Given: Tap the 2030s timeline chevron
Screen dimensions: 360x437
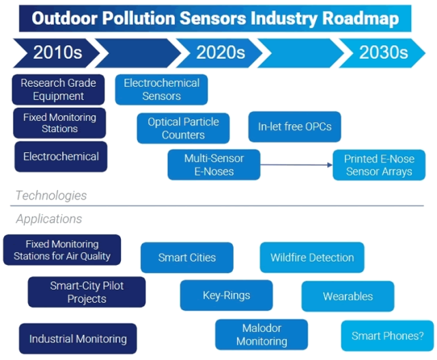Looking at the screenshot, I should (382, 53).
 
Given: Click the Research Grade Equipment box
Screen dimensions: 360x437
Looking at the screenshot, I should (58, 89).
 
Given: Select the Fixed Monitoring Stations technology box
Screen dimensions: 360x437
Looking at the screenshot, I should (59, 123).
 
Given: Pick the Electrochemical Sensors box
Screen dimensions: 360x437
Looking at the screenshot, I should (161, 89).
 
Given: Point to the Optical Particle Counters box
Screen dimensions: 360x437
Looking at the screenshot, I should (183, 128).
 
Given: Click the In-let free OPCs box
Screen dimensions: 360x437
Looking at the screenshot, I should (294, 127).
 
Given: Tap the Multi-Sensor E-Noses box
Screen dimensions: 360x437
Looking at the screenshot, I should (214, 165).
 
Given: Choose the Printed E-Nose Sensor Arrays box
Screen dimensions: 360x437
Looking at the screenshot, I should (379, 165).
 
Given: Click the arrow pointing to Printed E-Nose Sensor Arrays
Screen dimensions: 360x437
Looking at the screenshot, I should (296, 165).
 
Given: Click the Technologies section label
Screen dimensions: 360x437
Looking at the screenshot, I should (51, 195).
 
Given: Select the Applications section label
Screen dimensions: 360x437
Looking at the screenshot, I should (48, 219).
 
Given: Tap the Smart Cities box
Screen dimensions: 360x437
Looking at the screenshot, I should (186, 258).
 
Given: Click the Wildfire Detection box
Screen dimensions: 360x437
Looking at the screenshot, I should (312, 258).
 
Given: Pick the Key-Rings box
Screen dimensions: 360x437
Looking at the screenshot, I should (226, 296).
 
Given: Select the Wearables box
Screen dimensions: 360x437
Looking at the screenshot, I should (348, 296).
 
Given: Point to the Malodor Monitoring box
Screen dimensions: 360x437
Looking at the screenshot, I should (262, 335).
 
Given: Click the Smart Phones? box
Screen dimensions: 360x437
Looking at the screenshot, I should (387, 335).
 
